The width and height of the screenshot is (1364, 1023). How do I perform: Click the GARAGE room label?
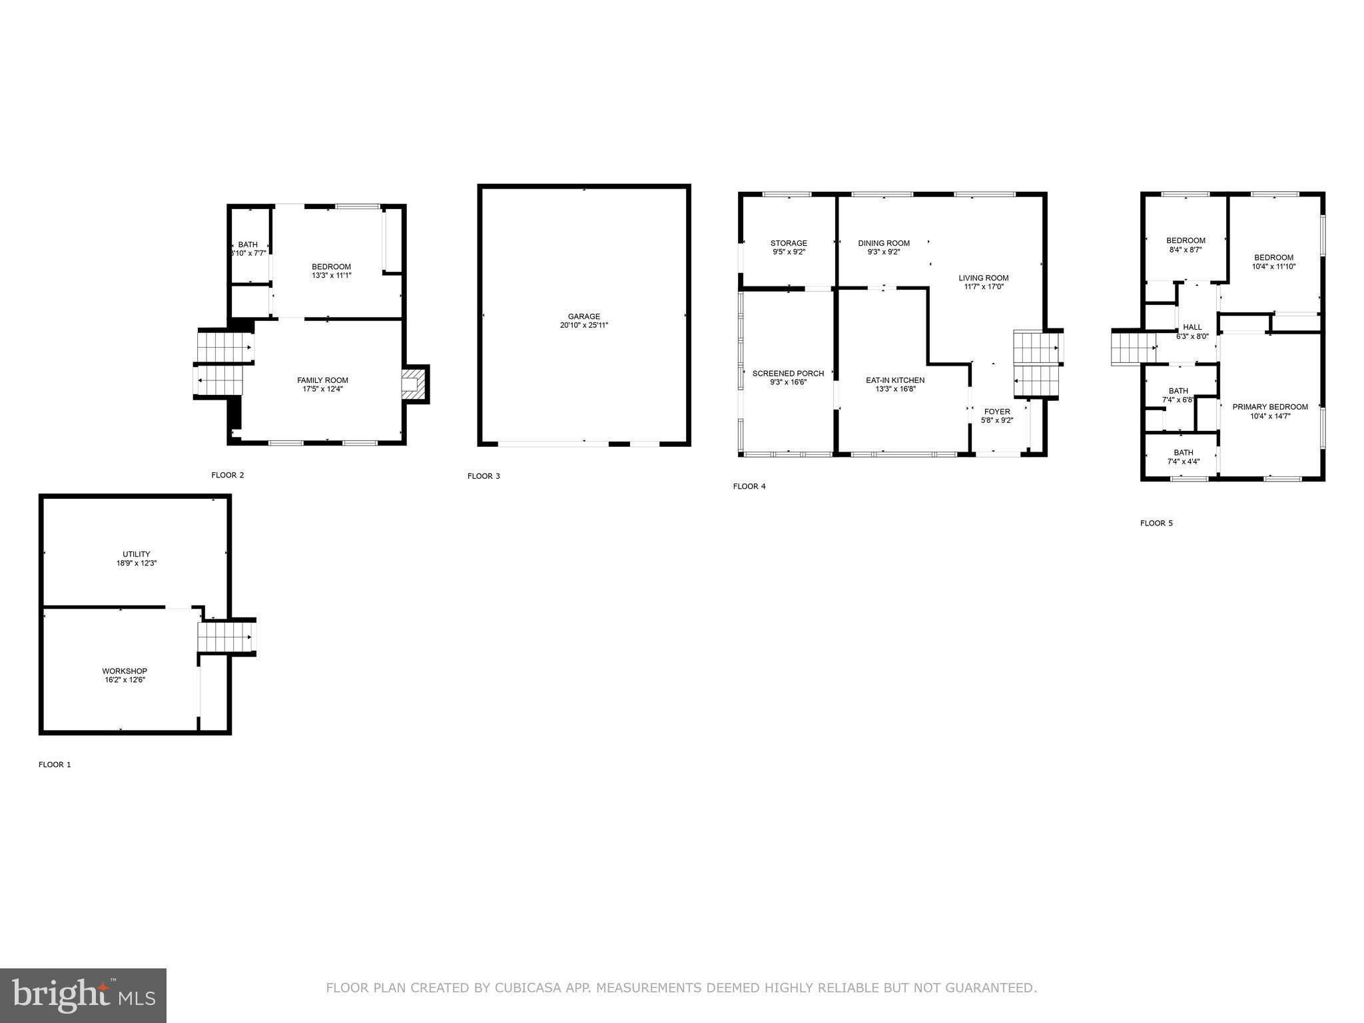(x=583, y=316)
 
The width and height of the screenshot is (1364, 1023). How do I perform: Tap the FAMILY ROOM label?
(x=322, y=380)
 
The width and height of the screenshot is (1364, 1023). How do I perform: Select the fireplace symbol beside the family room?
(x=414, y=384)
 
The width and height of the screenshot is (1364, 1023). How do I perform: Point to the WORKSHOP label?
(x=125, y=671)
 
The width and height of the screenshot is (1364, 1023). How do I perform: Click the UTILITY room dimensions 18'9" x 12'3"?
(x=137, y=563)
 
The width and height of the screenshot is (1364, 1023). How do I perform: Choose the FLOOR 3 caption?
(x=484, y=476)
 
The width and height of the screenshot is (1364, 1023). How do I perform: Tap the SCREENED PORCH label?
(x=788, y=373)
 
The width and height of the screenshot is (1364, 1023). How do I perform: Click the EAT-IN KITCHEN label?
(x=895, y=380)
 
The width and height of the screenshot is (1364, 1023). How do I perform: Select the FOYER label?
(x=996, y=412)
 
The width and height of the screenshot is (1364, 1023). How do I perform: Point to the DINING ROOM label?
(x=883, y=243)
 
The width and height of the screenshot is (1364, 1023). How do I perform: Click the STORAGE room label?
(x=789, y=243)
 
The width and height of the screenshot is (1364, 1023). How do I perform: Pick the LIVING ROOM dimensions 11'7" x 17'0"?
(x=983, y=287)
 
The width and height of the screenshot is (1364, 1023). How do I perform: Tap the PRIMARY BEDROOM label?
(x=1269, y=406)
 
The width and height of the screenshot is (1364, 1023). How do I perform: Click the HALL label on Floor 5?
(x=1192, y=327)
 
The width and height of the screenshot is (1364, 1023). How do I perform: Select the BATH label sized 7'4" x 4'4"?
(x=1184, y=452)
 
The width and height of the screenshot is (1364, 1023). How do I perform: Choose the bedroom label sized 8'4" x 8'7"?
(x=1186, y=240)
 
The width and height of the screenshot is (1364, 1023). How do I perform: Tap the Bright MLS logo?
(x=83, y=995)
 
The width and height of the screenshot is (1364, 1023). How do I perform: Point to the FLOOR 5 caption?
(x=1156, y=523)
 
